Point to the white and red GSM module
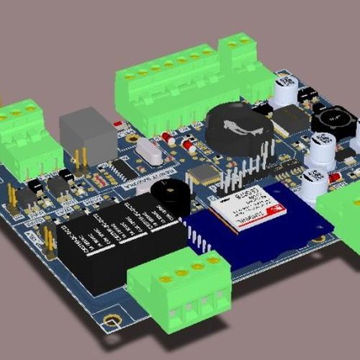point(248,210)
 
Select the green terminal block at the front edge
point(179,288)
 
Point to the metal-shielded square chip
point(204,174)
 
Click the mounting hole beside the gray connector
point(132,137)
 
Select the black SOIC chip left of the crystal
point(120,168)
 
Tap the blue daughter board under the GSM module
point(288,220)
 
